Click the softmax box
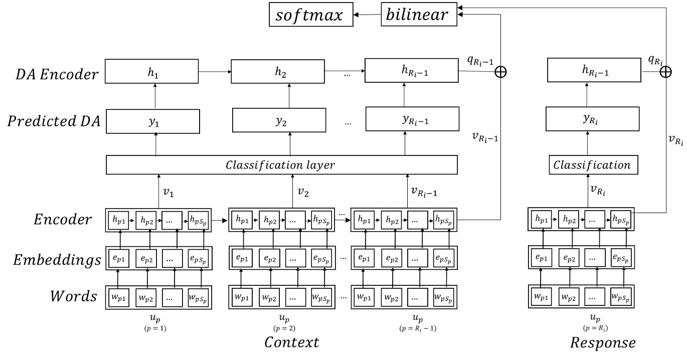(309, 15)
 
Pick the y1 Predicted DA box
(153, 122)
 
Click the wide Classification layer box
(281, 164)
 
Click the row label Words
(73, 296)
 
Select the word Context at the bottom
(291, 343)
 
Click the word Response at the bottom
(603, 343)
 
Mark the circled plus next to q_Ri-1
(500, 72)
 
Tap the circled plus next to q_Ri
(665, 72)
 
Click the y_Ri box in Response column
(592, 121)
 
